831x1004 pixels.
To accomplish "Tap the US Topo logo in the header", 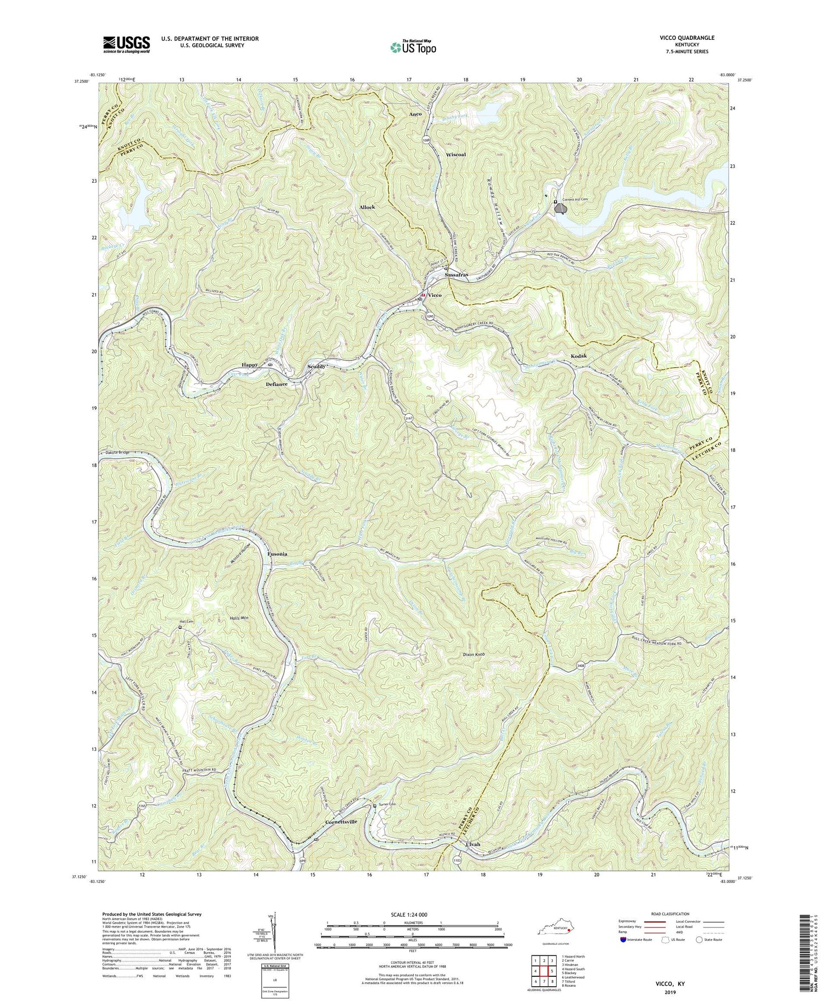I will click(413, 48).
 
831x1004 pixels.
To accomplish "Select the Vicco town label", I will click(434, 295).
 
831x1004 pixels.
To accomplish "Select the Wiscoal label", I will click(459, 155).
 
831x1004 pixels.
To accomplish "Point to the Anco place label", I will click(416, 114).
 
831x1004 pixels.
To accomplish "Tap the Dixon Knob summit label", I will click(474, 655).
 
